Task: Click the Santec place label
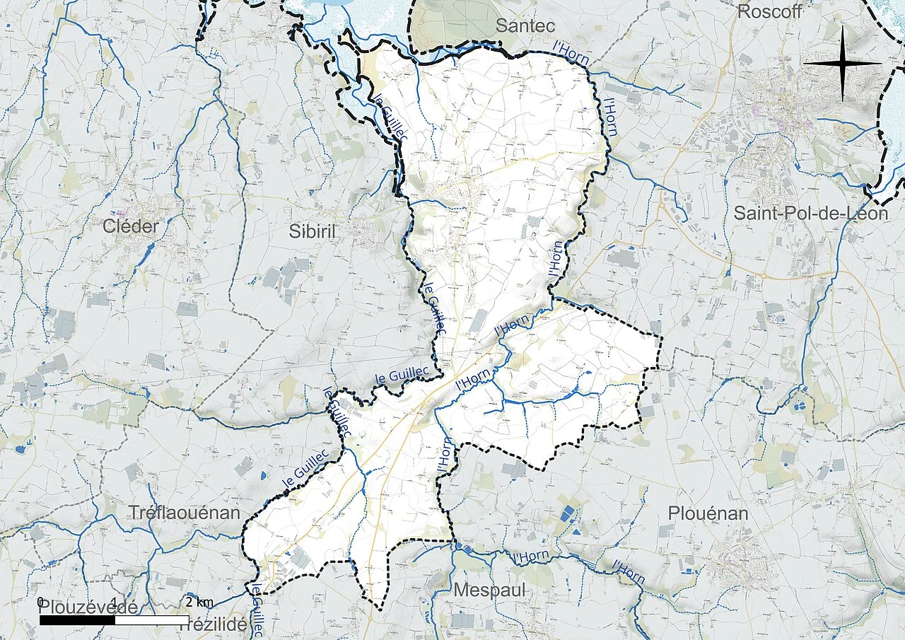point(526,27)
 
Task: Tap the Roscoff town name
point(770,11)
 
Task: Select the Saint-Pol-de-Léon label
point(810,213)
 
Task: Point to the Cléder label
point(131,226)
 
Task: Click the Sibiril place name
point(316,231)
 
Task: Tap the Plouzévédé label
point(88,607)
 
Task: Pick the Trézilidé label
point(214,624)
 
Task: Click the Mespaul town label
point(490,590)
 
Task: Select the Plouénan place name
point(708,514)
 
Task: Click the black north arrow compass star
point(842,63)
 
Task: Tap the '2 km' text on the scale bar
point(199,602)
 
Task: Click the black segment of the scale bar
point(77,620)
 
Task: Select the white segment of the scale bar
point(151,620)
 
